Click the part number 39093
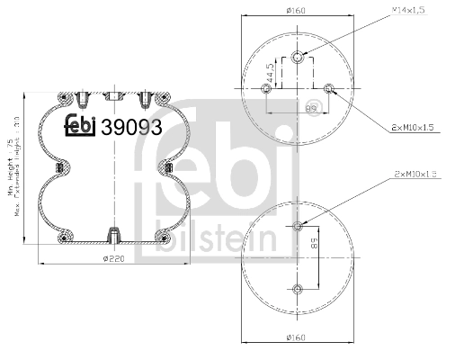[x=131, y=128]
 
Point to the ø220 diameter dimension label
[x=112, y=259]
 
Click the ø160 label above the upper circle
[x=297, y=11]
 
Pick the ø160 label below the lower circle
[x=297, y=337]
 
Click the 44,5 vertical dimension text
[x=270, y=71]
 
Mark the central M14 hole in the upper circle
[x=298, y=58]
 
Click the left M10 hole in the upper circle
[x=266, y=88]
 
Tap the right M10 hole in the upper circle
[x=329, y=88]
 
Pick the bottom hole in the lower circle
[x=298, y=288]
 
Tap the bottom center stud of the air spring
[x=112, y=236]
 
